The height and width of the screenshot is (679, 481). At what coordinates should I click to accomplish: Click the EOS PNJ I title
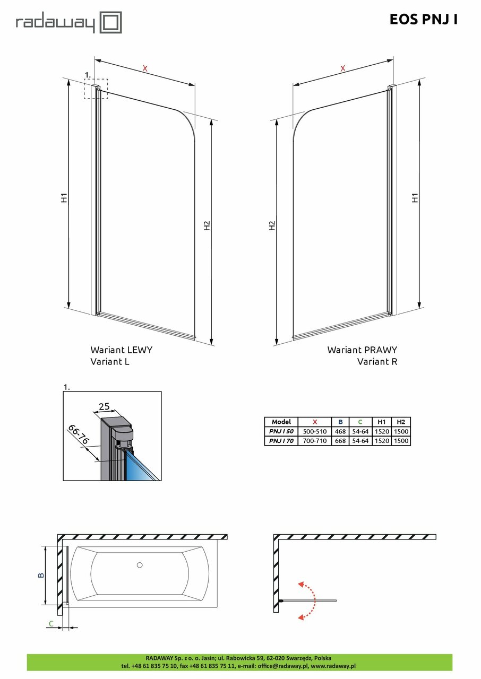(423, 20)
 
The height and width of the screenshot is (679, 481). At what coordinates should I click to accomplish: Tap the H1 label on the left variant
(63, 198)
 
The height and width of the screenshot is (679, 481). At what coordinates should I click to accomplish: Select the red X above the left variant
(144, 68)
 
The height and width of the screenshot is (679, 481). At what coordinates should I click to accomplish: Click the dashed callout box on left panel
(96, 89)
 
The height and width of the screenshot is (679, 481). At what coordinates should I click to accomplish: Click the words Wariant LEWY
(122, 350)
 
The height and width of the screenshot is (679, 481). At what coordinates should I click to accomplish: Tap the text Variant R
(377, 362)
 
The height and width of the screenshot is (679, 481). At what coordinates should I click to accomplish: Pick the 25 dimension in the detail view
(104, 407)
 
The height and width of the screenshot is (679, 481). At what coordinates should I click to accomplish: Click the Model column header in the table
(281, 422)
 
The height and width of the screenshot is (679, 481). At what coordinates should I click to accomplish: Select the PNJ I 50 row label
(281, 431)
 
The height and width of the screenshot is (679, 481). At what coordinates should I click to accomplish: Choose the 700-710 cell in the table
(315, 441)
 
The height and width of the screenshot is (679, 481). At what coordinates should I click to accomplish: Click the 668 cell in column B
(340, 441)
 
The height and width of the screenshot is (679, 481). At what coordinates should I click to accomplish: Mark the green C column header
(360, 422)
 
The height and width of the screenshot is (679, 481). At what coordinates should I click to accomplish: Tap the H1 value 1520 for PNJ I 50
(381, 431)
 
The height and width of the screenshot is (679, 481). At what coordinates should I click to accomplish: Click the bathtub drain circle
(140, 565)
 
